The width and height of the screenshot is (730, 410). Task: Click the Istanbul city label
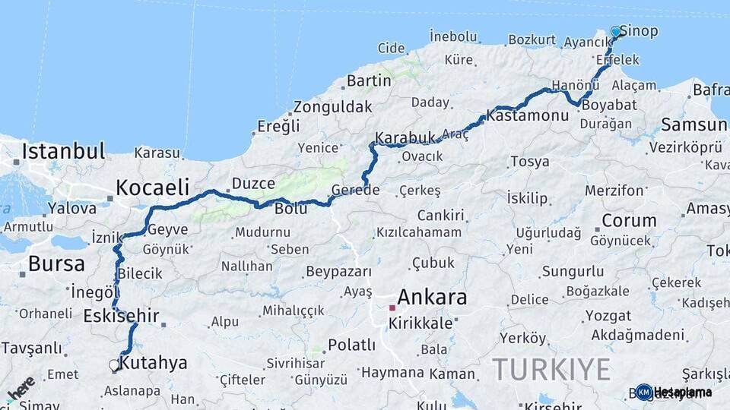63,150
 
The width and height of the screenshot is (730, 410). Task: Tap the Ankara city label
432,297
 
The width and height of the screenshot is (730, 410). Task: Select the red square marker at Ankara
392,307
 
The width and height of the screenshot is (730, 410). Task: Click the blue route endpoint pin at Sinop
615,32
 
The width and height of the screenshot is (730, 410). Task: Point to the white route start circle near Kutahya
114,365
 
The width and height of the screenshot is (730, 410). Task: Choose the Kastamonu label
528,116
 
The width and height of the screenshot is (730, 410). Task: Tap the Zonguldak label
333,106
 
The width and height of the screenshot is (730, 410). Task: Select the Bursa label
56,264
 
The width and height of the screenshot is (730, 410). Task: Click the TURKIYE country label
551,370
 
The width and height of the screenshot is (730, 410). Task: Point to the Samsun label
693,124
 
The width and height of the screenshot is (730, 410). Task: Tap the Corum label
629,221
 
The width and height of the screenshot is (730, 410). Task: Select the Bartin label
369,80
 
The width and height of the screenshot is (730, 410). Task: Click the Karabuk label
405,137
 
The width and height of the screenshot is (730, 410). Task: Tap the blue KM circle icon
644,392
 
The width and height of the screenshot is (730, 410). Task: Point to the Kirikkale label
421,323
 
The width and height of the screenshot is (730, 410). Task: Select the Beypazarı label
338,271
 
